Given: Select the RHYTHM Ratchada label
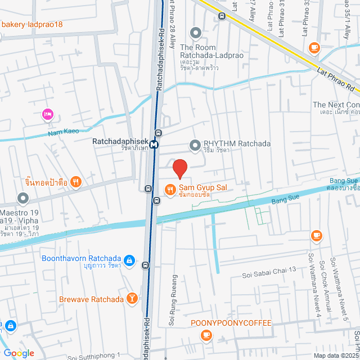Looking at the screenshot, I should coord(237,144).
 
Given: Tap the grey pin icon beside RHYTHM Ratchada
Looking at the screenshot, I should coord(195,145).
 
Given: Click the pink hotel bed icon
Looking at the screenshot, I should coord(47,115).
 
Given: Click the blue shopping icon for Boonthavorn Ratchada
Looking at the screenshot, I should coord(129,260).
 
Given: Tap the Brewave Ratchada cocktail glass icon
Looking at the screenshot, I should coord(132,299).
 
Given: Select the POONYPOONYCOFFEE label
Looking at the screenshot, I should coord(231,323).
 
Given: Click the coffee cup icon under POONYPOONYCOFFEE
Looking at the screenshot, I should coord(206,336).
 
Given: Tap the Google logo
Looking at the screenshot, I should coord(19,353).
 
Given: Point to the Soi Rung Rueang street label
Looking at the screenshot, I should coord(173,301).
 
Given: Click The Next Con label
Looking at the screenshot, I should coord(336,105).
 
